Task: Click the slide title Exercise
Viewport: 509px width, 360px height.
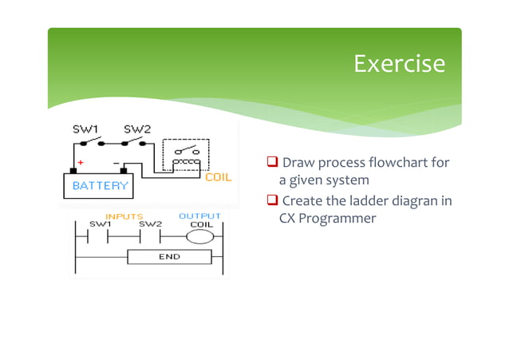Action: coord(399,64)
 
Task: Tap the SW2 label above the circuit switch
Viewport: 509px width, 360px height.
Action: coord(135,129)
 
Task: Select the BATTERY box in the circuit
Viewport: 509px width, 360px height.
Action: coord(101,186)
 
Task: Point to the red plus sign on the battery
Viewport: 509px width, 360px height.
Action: coord(81,163)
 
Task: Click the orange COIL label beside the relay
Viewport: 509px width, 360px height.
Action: coord(219,177)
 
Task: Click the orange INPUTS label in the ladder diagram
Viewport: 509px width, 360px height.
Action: coord(124,216)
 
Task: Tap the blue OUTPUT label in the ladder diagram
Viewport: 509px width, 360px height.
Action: coord(199,216)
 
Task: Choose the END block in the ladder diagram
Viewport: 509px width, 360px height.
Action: coord(169,257)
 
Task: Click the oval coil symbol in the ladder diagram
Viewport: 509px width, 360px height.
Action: coord(200,236)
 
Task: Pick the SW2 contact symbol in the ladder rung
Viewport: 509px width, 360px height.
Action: coord(152,236)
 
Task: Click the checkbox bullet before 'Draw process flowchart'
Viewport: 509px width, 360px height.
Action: coord(272,164)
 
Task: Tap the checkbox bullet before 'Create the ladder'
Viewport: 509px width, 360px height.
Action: coord(272,200)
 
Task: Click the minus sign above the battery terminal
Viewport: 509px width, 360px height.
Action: coord(116,163)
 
